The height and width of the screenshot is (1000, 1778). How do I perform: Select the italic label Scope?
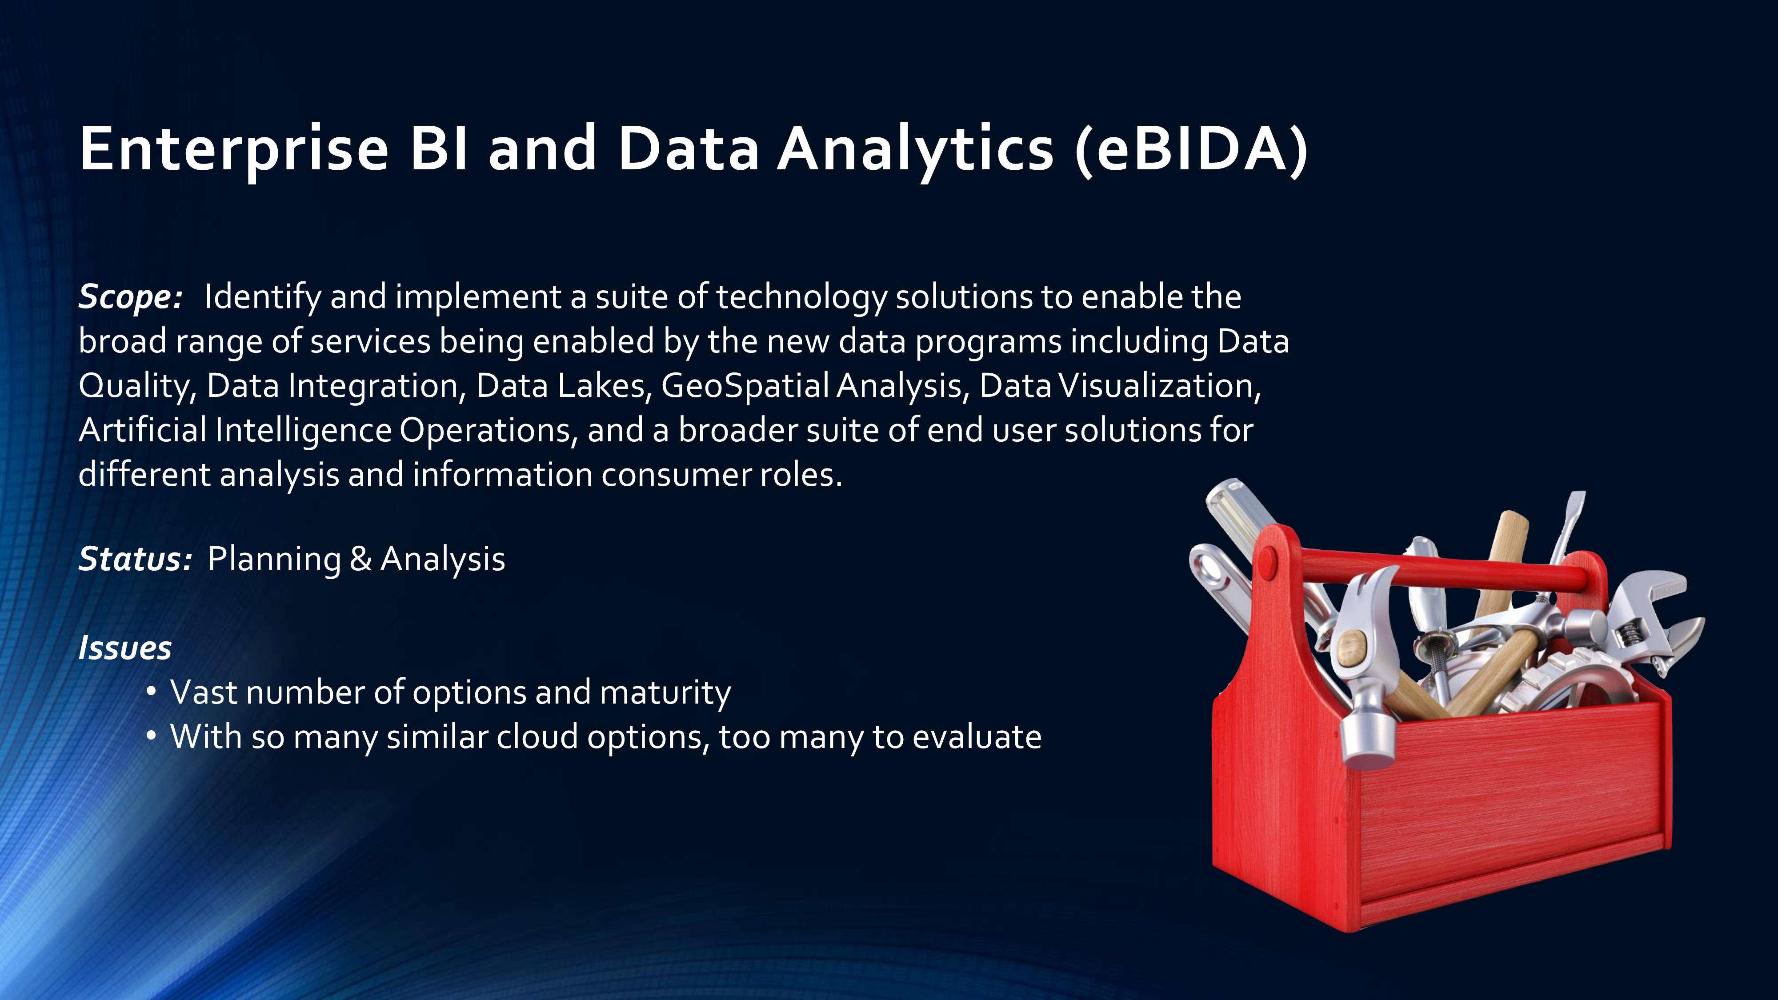[x=130, y=297]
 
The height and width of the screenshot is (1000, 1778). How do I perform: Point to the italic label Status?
[x=135, y=559]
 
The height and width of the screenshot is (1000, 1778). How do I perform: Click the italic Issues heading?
[x=125, y=648]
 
